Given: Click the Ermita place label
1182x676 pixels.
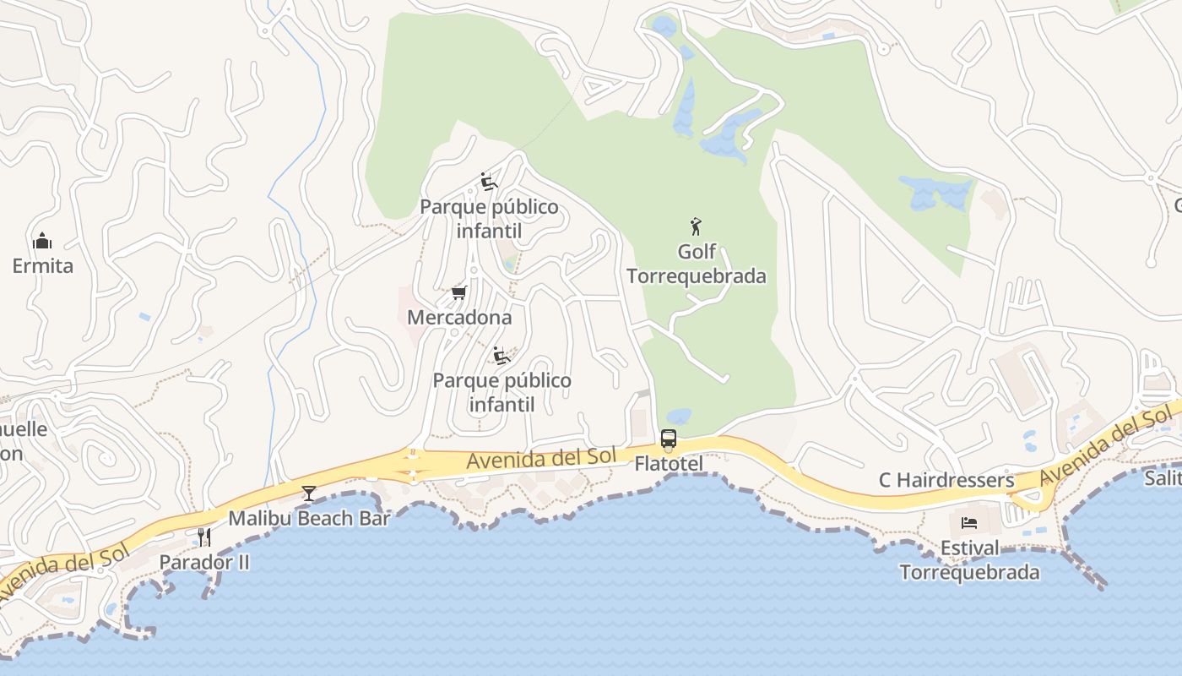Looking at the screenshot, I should (x=42, y=266).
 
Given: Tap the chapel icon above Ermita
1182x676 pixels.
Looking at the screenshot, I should (x=42, y=242).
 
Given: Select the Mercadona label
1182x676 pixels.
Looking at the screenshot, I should (x=459, y=318).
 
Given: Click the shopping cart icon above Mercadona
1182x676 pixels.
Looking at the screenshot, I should (x=458, y=293).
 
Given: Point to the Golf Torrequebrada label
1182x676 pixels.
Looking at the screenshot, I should (x=697, y=264).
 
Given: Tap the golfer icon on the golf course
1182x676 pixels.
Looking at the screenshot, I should (x=696, y=226).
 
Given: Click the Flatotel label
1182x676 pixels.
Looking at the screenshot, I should (x=668, y=464).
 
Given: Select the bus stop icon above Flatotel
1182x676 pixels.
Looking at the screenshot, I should (x=668, y=439).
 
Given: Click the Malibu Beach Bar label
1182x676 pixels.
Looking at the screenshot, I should (x=309, y=518).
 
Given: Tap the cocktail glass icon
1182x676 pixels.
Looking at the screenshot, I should (x=309, y=493).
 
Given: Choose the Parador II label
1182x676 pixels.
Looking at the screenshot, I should (x=204, y=562).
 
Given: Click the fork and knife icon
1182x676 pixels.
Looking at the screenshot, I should (x=203, y=537).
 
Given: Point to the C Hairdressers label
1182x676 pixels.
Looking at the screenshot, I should (x=946, y=480).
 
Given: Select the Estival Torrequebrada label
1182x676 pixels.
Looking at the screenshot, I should (x=969, y=560).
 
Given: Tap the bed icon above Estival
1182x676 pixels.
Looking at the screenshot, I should (x=969, y=523).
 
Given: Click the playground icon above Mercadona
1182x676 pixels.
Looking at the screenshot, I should (x=488, y=182).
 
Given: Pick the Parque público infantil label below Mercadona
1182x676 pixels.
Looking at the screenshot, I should (x=502, y=392).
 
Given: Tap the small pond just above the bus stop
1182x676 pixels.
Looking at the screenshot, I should (x=678, y=417).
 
